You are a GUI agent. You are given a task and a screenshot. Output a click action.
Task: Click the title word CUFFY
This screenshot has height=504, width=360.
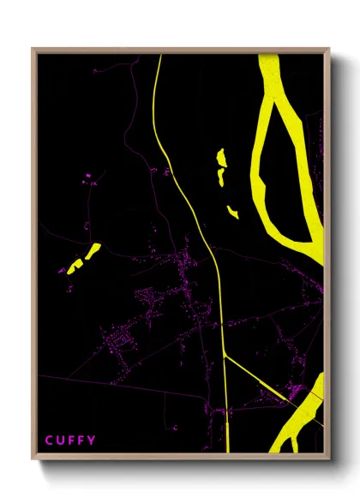[71, 441]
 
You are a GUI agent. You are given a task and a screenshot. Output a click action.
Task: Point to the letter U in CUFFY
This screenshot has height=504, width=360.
[60, 441]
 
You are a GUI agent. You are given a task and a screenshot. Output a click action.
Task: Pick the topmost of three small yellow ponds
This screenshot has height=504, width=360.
[221, 158]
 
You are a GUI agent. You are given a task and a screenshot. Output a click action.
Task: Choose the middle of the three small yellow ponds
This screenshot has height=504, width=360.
[220, 177]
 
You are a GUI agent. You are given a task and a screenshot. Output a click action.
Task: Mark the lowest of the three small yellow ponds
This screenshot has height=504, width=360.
[232, 211]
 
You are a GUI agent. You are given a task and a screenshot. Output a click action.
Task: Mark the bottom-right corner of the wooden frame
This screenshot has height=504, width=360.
[329, 458]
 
